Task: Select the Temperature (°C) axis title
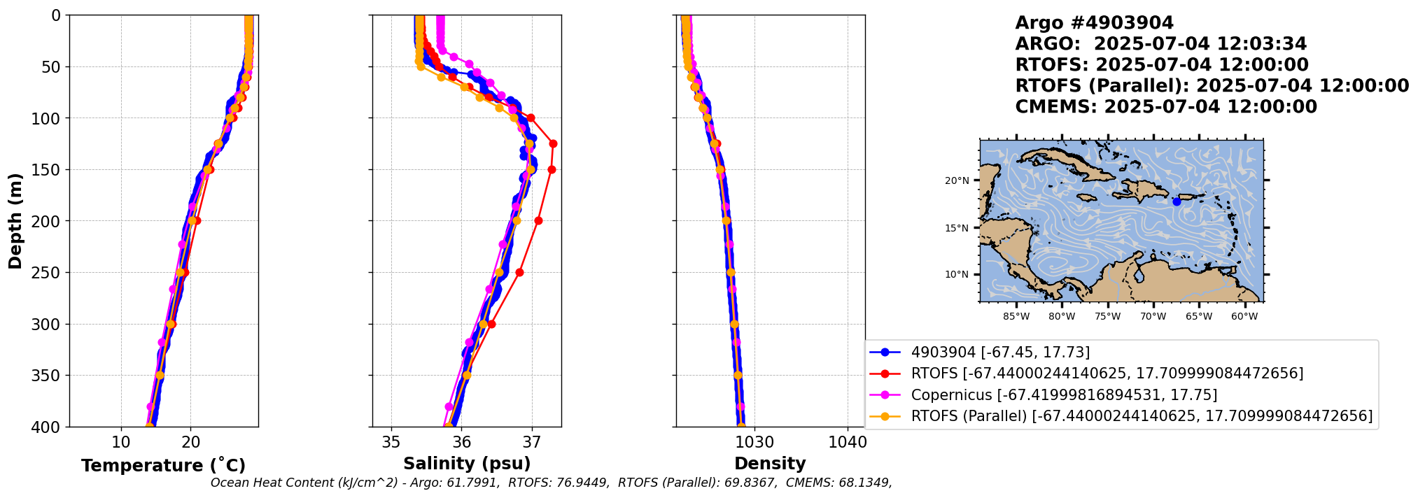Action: (x=163, y=465)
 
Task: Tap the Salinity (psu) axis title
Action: (x=467, y=464)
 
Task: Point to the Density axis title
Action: (x=770, y=464)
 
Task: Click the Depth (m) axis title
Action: (x=15, y=220)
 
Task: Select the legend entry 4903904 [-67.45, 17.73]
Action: (x=980, y=353)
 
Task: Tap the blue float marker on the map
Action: (x=1177, y=201)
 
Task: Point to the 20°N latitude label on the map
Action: (x=957, y=180)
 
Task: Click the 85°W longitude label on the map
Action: (x=1016, y=316)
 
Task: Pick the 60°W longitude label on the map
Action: (x=1244, y=316)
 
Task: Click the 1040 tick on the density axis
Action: (x=848, y=442)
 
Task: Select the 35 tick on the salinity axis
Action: (x=391, y=442)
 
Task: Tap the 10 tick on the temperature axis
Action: (x=121, y=442)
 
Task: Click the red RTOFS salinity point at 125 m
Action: (x=553, y=143)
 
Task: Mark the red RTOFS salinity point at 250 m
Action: (x=519, y=272)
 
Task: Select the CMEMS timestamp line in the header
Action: (x=1166, y=107)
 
